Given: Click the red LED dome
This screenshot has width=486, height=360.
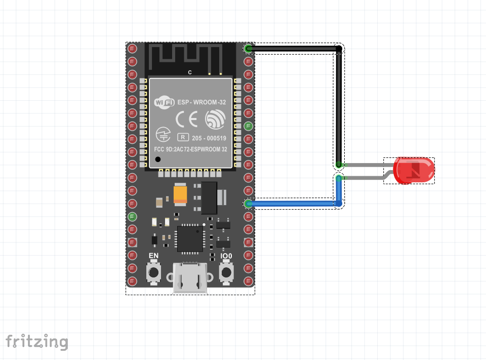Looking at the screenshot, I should click(414, 170).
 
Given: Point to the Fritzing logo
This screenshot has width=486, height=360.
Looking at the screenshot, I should click(36, 342).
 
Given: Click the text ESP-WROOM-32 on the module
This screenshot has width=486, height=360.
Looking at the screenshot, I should click(201, 102).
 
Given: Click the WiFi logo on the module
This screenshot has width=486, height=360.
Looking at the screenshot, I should click(164, 102).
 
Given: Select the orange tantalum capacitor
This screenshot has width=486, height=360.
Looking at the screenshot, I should click(180, 194).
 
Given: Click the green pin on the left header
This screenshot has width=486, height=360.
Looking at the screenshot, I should click(132, 217).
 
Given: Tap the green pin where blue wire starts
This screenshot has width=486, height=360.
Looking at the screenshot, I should click(249, 204).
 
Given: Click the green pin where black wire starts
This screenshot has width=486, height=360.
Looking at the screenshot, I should click(249, 49).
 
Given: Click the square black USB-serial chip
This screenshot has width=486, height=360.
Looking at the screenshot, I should click(190, 238).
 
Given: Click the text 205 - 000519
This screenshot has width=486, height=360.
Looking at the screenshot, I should click(209, 138).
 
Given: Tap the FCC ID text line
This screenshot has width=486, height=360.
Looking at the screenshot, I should click(190, 150).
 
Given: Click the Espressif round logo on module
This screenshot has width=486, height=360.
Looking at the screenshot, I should click(215, 119).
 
